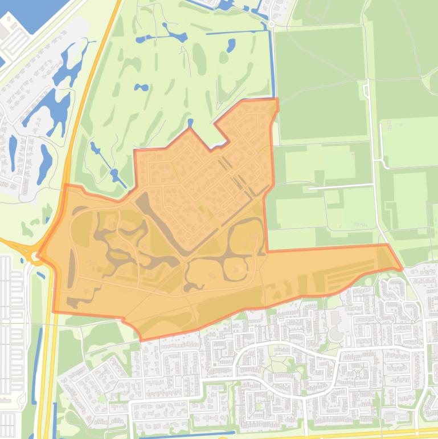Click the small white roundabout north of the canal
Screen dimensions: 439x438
tap(271, 24)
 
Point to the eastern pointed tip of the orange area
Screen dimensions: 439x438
tap(402, 267)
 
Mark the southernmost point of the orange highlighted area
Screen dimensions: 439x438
tap(141, 340)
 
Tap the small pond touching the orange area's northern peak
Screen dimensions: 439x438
tap(190, 123)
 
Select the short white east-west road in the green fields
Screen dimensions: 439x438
tap(339, 186)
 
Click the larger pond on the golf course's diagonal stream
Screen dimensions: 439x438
tap(116, 174)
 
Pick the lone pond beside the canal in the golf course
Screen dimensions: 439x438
tap(231, 46)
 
